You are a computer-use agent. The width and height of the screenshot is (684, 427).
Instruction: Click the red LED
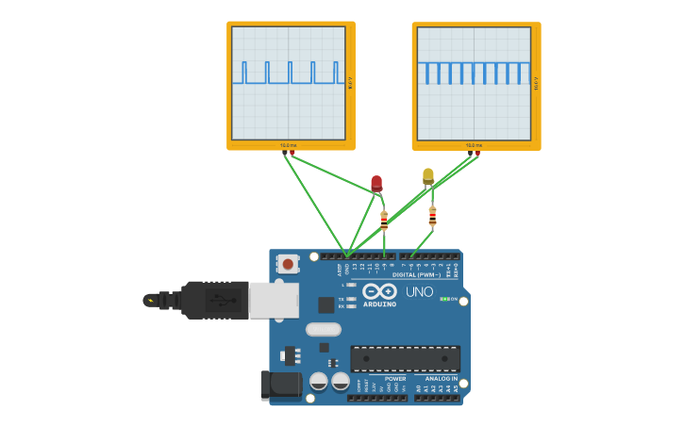click(376, 182)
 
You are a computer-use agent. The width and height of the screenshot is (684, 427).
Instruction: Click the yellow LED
click(428, 175)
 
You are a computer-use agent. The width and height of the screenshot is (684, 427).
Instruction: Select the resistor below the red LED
click(384, 221)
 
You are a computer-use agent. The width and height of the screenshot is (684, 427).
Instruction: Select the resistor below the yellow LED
click(432, 217)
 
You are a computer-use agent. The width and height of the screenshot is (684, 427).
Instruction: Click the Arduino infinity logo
click(379, 293)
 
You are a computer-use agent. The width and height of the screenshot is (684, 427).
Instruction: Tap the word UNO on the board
click(419, 292)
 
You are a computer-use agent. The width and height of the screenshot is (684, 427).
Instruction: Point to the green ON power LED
click(443, 299)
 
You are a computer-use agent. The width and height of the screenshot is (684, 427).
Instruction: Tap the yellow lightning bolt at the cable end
click(149, 301)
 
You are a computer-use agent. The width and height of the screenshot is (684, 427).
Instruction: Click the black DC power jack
click(280, 384)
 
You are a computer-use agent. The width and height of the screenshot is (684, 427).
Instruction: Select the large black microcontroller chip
click(406, 358)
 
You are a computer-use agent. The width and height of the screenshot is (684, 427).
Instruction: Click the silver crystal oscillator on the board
click(323, 329)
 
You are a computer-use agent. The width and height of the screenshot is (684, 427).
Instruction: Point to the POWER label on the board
click(395, 379)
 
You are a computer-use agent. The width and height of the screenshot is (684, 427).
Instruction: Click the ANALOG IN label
click(441, 379)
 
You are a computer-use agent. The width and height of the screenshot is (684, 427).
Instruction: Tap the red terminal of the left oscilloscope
click(292, 152)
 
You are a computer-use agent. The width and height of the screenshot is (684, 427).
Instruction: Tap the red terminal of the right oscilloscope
click(478, 152)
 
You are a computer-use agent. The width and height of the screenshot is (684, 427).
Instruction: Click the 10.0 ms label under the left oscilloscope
click(288, 145)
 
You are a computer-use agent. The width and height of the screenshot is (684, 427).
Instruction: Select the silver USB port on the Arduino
click(274, 300)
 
